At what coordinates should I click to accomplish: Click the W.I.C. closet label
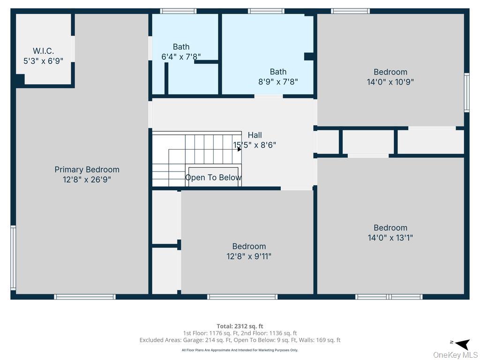click(x=43, y=51)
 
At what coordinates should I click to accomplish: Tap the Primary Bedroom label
click(x=87, y=170)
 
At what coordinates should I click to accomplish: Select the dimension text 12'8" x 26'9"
click(x=87, y=180)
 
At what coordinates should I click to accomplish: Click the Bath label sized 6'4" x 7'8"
click(x=181, y=47)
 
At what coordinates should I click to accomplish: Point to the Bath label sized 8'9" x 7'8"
click(x=278, y=72)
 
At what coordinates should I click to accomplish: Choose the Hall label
click(x=255, y=135)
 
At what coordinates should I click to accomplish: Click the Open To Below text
click(x=213, y=178)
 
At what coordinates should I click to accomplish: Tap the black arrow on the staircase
click(x=239, y=149)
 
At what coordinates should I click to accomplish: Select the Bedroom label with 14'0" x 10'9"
click(x=390, y=72)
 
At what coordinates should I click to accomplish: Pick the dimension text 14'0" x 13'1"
click(x=390, y=238)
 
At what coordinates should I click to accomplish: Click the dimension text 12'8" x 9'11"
click(x=249, y=256)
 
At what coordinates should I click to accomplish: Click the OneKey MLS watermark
click(x=455, y=355)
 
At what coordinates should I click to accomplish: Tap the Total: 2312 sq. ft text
click(x=240, y=326)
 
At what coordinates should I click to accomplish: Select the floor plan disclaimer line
click(x=240, y=350)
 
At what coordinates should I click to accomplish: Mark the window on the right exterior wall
click(x=466, y=92)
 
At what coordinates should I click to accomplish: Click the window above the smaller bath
click(x=178, y=11)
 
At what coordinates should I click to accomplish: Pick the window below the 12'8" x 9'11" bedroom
click(x=242, y=297)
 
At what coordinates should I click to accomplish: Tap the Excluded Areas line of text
click(x=240, y=340)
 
